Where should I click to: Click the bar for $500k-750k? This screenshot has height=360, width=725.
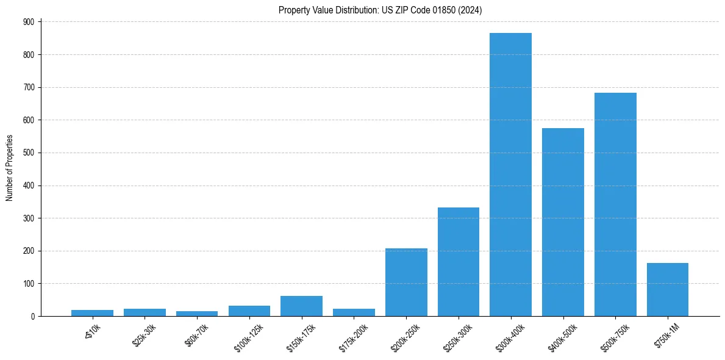(615, 204)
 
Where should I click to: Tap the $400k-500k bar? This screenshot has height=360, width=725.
(563, 222)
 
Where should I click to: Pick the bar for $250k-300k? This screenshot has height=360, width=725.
(459, 262)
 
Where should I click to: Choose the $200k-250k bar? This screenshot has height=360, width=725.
(406, 282)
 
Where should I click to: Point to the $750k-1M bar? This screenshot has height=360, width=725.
(668, 289)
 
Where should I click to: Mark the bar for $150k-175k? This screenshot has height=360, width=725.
(301, 306)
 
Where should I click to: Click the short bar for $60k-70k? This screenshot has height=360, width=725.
(197, 314)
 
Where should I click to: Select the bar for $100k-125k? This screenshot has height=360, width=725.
(249, 311)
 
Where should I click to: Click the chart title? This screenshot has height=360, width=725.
(380, 10)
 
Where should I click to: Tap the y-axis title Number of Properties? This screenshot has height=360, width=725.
(10, 168)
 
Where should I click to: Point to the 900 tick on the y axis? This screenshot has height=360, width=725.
(29, 22)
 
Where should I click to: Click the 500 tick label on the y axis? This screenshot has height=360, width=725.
(29, 153)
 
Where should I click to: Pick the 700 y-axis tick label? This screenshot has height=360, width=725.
(29, 87)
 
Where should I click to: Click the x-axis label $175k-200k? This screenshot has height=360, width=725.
(353, 335)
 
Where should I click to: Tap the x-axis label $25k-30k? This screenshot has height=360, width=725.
(145, 334)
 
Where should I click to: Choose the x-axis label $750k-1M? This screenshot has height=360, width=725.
(666, 334)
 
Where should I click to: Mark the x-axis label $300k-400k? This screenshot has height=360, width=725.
(510, 335)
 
